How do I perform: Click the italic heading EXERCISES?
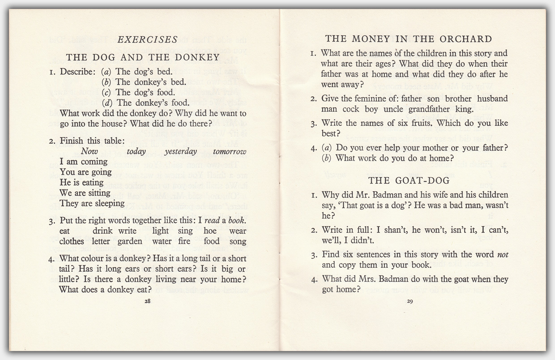[x=147, y=40]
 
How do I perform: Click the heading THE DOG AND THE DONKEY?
[x=143, y=57]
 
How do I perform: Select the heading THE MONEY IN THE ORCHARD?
[x=408, y=39]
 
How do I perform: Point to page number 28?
[x=147, y=301]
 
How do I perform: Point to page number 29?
[x=410, y=301]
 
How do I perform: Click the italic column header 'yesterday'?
[x=180, y=151]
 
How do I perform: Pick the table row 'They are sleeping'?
[x=92, y=203]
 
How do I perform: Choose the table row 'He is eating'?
[x=81, y=183]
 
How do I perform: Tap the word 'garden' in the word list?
[x=129, y=241]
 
